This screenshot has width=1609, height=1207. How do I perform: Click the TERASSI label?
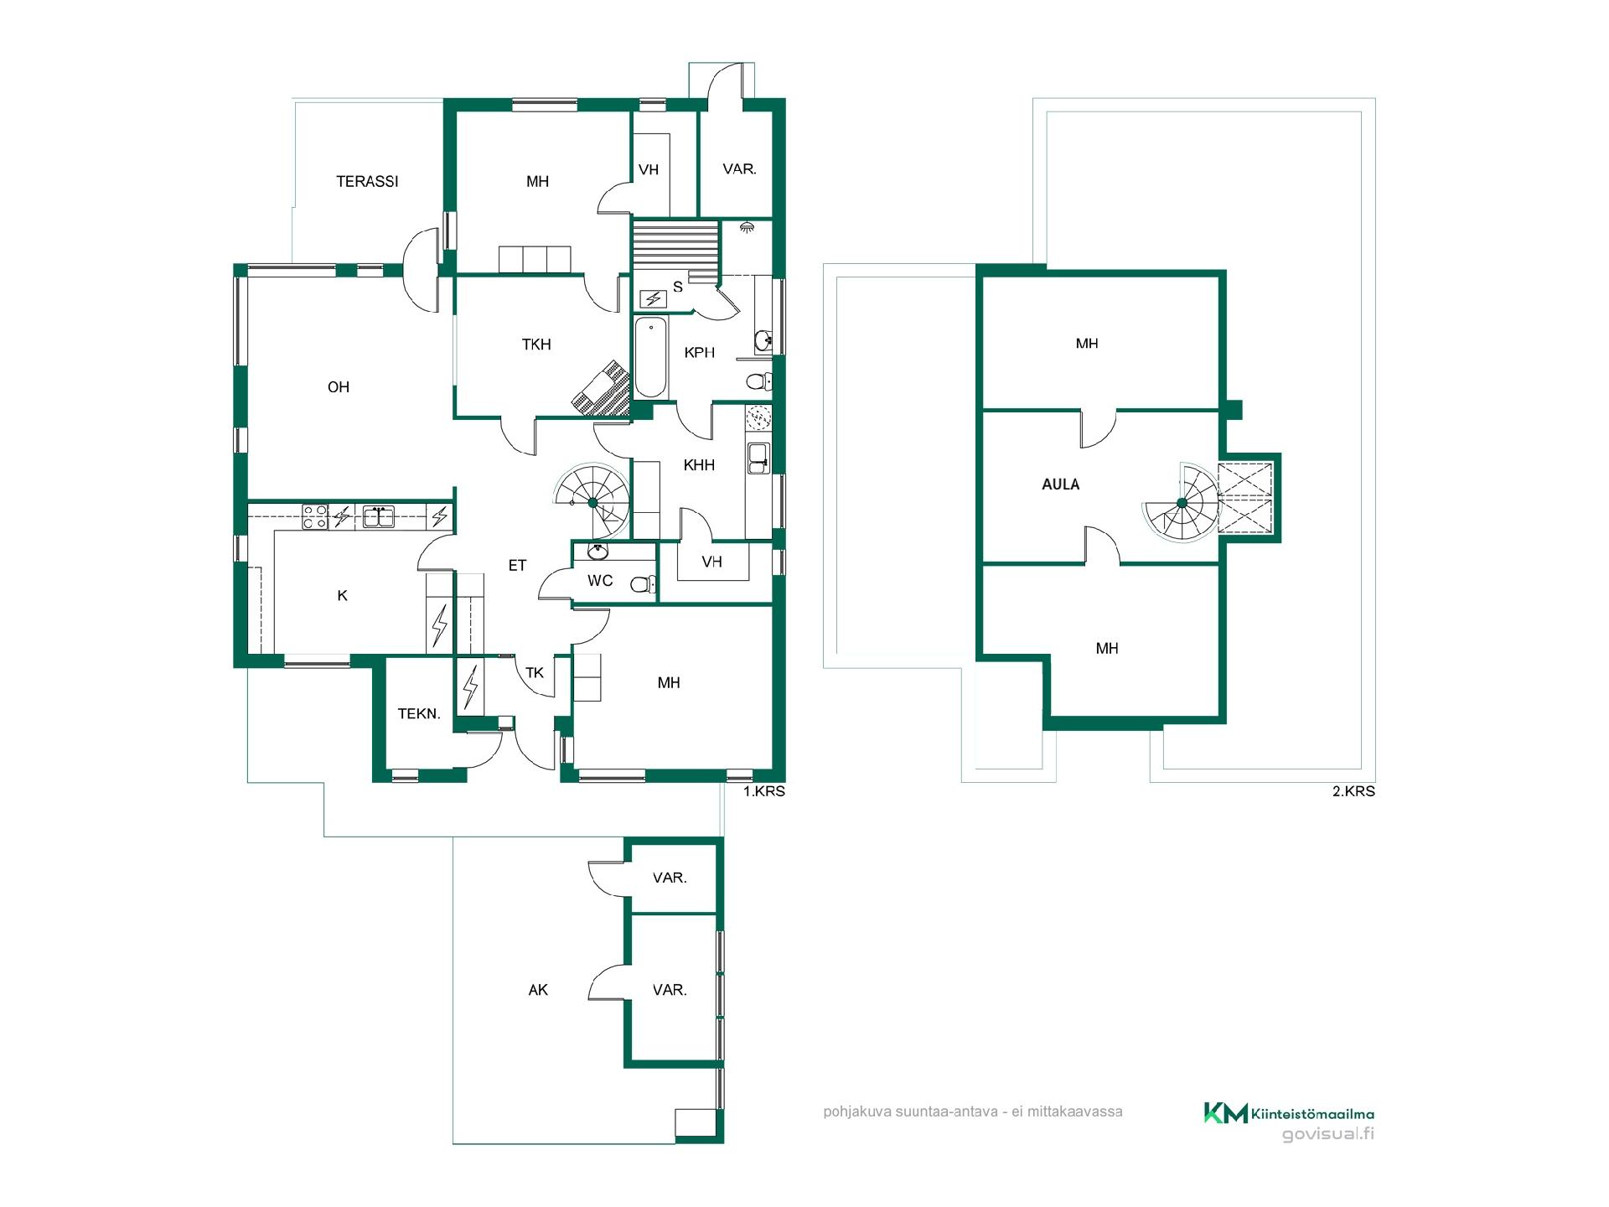[x=367, y=181]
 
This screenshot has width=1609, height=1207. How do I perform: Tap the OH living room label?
[x=339, y=387]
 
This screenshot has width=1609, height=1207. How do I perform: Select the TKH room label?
[x=536, y=344]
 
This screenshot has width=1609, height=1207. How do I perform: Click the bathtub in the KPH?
[x=650, y=358]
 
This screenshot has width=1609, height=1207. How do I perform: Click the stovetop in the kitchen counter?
[x=315, y=515]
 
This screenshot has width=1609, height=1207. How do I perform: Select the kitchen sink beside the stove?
[x=379, y=515]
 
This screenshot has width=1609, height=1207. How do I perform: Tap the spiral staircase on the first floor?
[x=592, y=501]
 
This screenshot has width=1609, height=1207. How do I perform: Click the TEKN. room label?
[x=419, y=714]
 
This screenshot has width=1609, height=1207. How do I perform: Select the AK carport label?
[x=538, y=990]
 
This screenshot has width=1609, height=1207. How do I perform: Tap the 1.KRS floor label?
[x=764, y=791]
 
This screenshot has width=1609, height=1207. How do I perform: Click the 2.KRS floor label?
[x=1354, y=791]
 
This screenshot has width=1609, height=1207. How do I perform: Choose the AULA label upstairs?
[x=1061, y=484]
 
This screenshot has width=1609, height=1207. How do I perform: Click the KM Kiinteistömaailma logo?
[x=1289, y=1113]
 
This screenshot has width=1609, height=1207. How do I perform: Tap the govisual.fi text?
[x=1329, y=1134]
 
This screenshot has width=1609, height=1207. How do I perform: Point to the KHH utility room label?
[x=699, y=465]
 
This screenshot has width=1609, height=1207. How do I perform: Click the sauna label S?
[x=678, y=287]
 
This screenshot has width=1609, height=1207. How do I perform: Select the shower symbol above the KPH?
[x=747, y=227]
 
